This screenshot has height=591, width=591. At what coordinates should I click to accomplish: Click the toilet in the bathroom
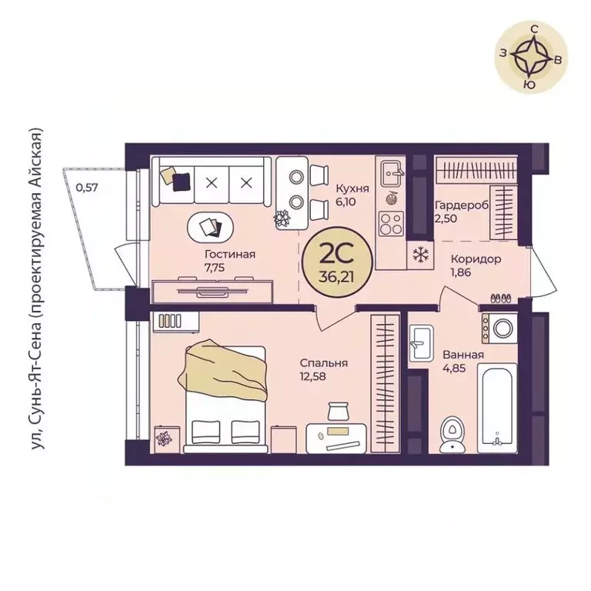[452, 434]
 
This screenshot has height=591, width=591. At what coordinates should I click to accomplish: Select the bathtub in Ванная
[497, 408]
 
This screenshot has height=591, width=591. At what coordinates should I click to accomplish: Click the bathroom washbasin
[421, 342]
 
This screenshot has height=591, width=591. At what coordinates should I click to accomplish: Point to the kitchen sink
[392, 173]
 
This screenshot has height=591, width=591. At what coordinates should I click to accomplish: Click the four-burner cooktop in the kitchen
[391, 223]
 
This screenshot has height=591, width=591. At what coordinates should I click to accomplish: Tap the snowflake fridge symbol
[419, 255]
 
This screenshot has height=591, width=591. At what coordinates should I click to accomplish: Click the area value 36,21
[336, 277]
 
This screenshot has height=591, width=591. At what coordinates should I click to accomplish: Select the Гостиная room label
[230, 254]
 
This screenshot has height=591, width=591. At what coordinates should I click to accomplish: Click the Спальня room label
[324, 363]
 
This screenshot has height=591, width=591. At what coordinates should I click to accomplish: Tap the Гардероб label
[462, 205]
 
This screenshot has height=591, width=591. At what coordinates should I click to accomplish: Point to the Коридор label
[476, 259]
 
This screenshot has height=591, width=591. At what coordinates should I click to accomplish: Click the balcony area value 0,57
[87, 187]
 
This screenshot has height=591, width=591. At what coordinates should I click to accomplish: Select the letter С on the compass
[534, 29]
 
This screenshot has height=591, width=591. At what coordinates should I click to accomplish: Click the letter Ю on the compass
[530, 85]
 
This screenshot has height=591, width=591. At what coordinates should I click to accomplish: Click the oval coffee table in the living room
[210, 227]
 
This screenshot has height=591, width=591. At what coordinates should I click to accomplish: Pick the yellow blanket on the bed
[224, 369]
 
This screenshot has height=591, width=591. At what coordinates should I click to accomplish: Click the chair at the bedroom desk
[338, 411]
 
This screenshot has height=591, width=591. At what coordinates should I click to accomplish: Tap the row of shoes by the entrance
[501, 298]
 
